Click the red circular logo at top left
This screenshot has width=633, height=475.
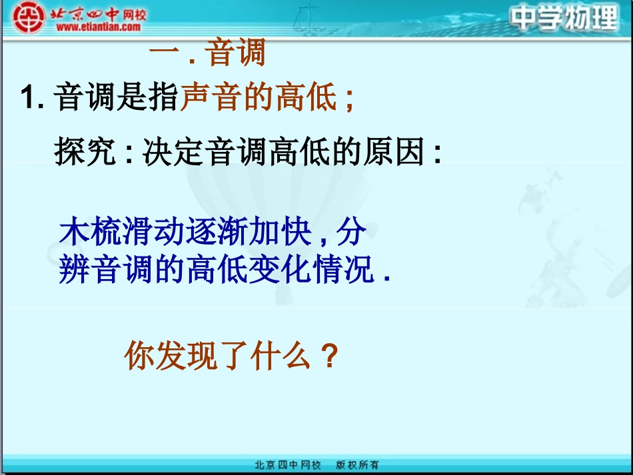click(29, 17)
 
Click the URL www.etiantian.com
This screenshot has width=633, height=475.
click(98, 27)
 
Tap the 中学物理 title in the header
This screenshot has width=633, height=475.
click(565, 19)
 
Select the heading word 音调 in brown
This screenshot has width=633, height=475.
click(236, 53)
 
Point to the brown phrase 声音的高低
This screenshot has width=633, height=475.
click(259, 98)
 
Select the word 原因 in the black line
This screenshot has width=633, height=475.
click(392, 153)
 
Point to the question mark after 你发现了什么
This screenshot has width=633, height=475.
click(327, 357)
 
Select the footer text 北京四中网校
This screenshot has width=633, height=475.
click(288, 465)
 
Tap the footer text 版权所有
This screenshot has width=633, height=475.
click(356, 465)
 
